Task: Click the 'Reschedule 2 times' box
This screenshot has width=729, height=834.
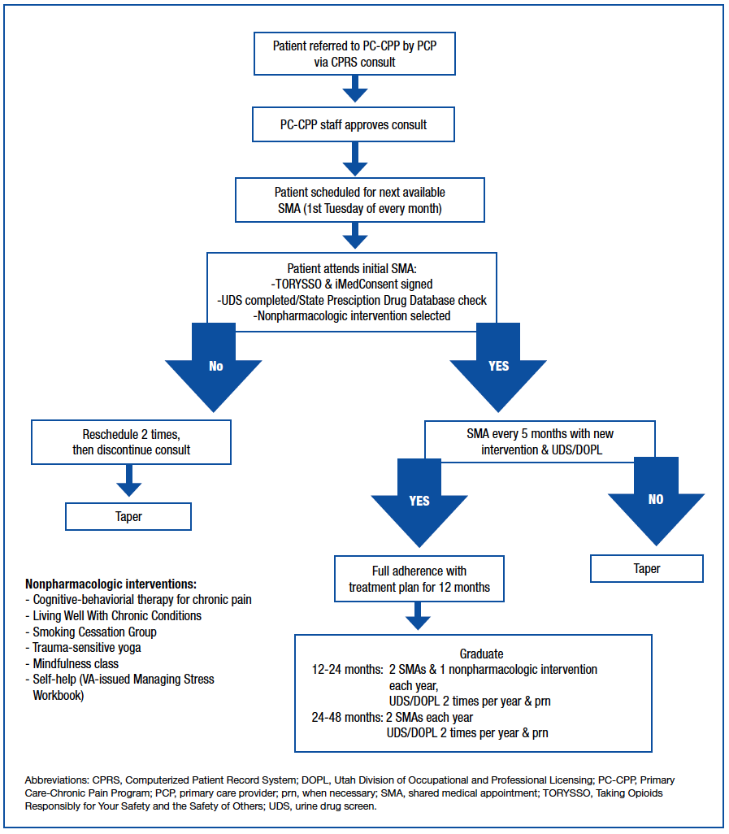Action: click(131, 441)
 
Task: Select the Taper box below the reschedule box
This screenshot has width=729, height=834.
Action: click(128, 516)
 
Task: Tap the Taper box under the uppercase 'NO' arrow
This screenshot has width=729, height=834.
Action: click(647, 569)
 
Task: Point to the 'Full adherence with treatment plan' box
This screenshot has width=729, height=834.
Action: click(419, 579)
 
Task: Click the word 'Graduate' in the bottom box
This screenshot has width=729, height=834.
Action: click(482, 654)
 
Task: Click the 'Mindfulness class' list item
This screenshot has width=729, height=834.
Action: click(76, 663)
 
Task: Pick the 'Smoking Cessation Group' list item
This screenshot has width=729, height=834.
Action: click(94, 632)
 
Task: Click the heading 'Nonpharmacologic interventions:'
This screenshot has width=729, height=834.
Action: click(111, 584)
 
